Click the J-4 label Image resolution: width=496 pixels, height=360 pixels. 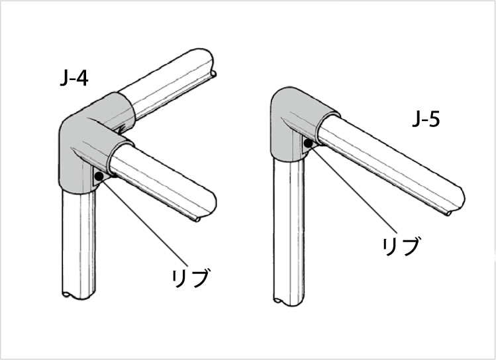click(74, 78)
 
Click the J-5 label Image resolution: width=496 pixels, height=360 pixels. click(426, 120)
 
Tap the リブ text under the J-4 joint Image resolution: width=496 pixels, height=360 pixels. click(191, 278)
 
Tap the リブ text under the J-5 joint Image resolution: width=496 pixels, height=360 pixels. click(401, 247)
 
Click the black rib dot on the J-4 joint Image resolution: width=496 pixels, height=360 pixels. click(99, 177)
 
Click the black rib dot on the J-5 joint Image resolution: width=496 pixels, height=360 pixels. click(308, 144)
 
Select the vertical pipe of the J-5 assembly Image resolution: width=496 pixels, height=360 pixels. click(289, 232)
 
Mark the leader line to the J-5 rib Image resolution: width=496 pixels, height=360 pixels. click(353, 189)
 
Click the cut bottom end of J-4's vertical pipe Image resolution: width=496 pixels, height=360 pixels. click(78, 295)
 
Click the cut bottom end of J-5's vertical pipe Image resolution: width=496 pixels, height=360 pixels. click(289, 301)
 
